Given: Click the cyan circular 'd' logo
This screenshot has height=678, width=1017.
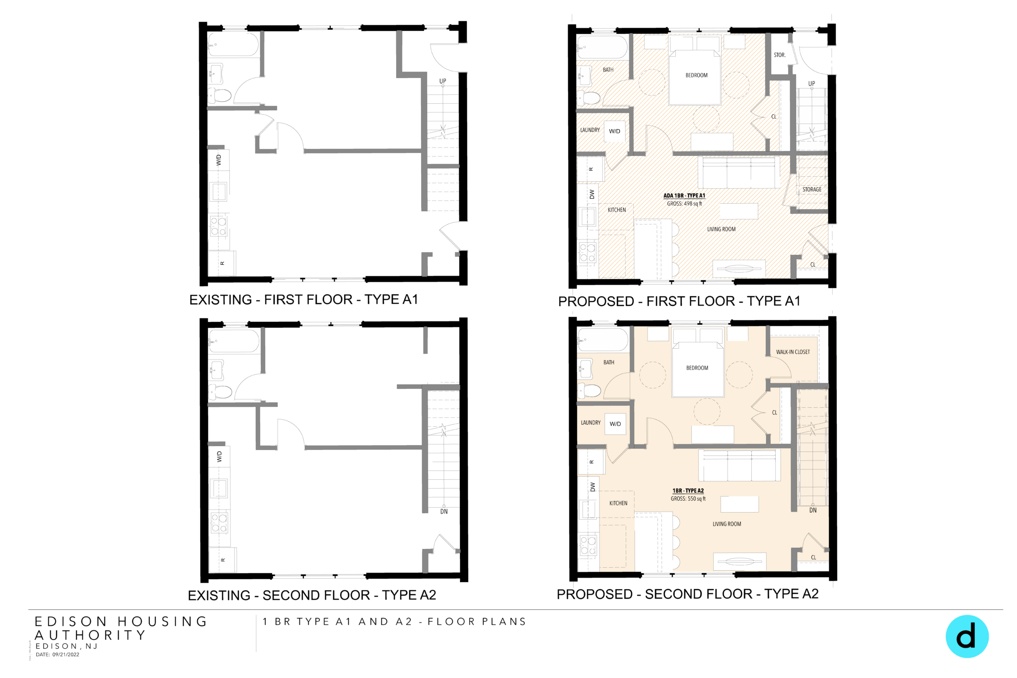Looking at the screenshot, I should (x=966, y=636).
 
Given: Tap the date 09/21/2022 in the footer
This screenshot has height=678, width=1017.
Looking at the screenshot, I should (x=66, y=655).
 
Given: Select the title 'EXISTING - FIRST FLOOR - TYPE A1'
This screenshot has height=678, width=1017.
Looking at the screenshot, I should (x=303, y=300).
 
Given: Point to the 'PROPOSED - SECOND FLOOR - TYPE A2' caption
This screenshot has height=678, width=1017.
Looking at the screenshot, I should (x=687, y=594).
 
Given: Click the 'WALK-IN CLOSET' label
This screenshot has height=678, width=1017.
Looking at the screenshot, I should (x=793, y=352).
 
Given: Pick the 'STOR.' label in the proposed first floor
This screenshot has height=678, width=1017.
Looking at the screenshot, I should (x=779, y=55).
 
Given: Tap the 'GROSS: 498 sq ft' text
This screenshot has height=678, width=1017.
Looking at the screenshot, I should (x=684, y=204).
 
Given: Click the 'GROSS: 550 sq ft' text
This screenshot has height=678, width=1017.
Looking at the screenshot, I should (x=688, y=499).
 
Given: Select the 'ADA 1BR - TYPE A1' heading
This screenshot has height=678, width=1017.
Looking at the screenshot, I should (x=684, y=196).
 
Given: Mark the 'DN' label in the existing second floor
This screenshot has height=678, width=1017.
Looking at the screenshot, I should (x=444, y=512).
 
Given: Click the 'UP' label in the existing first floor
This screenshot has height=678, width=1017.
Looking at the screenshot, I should (x=442, y=81).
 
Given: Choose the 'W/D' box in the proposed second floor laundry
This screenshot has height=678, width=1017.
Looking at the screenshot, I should (x=615, y=424).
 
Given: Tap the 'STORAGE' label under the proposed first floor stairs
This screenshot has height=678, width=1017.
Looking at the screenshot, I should (x=811, y=190).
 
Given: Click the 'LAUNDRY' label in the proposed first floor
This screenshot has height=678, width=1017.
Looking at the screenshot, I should (x=590, y=130).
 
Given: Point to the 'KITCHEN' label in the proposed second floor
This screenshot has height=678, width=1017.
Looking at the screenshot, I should (x=618, y=503).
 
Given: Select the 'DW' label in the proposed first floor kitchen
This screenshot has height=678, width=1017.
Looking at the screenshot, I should (x=592, y=195).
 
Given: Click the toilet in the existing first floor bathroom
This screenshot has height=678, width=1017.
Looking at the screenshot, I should (x=221, y=95).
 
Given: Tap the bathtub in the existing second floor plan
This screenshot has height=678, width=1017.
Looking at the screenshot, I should (x=233, y=341).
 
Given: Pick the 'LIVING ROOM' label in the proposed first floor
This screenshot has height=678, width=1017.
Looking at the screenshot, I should (x=721, y=229).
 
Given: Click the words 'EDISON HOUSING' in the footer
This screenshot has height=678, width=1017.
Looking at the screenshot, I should (x=121, y=621).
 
